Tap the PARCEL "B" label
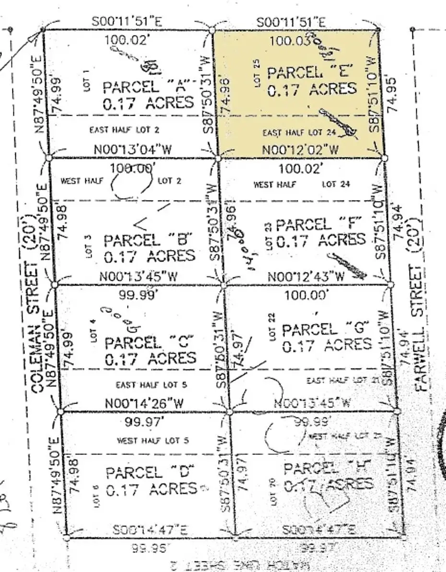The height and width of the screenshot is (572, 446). point(148,240)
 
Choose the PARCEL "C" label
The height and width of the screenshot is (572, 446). point(149,343)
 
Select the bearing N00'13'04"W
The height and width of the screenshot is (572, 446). point(132,149)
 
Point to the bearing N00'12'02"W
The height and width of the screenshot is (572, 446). point(300,150)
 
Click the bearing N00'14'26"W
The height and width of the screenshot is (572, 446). point(144,404)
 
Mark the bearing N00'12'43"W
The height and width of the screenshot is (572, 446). point(306,277)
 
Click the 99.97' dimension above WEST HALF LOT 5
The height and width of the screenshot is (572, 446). point(143,422)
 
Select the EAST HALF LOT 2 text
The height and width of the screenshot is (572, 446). point(125,129)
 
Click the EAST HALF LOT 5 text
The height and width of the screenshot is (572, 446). point(152,385)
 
